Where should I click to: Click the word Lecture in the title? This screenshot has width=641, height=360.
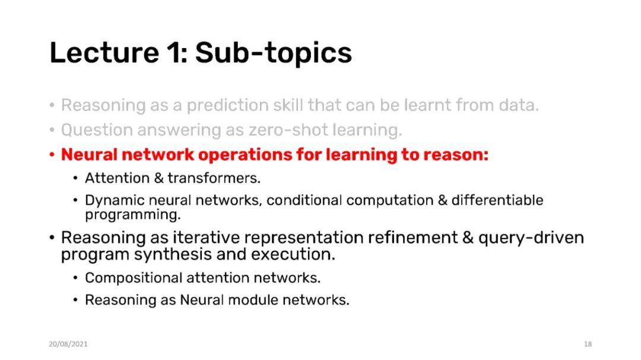click(x=104, y=53)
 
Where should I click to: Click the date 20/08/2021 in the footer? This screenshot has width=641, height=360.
click(x=68, y=344)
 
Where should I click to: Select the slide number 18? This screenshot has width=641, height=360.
click(x=588, y=344)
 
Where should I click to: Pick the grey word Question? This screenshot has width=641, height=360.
click(x=97, y=130)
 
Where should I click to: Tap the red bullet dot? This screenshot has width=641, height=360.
click(x=52, y=155)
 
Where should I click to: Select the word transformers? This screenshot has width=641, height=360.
click(x=214, y=178)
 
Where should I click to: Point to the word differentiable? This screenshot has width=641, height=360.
click(x=497, y=200)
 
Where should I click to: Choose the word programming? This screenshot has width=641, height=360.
click(x=133, y=215)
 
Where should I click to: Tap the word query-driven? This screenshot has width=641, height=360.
click(x=531, y=238)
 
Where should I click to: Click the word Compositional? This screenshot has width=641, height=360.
click(x=134, y=278)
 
